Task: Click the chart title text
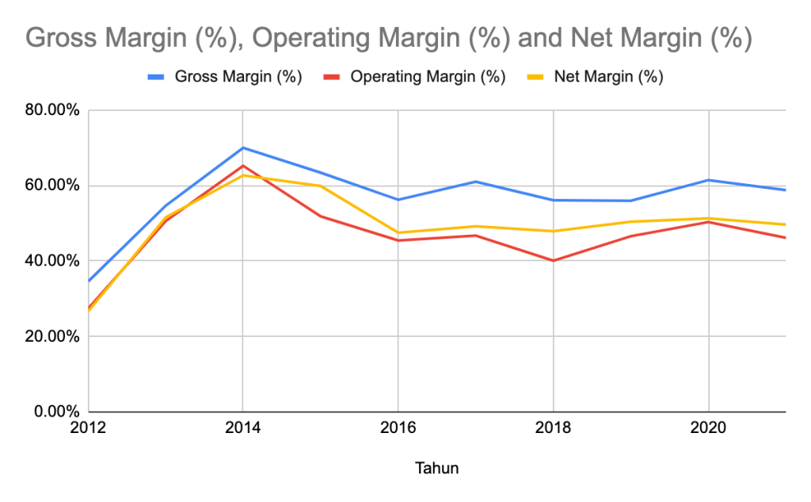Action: point(388,37)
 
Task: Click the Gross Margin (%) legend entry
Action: point(225,77)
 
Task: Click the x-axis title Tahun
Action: point(436,468)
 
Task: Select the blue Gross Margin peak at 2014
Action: point(243,148)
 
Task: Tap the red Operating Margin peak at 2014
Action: point(243,166)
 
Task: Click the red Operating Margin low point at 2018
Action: point(553,260)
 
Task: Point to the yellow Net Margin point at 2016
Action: point(398,232)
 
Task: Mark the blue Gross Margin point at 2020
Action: point(707,180)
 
